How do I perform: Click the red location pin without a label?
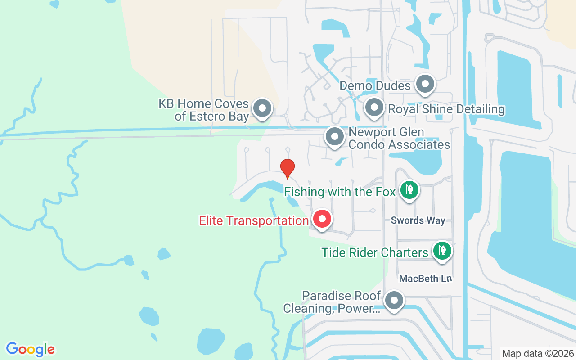point(287,168)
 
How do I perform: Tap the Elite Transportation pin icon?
point(322,219)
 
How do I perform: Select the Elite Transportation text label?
point(254,221)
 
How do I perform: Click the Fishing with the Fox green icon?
point(409,190)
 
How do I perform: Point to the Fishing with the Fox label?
point(340,192)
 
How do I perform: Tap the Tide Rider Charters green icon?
point(442,251)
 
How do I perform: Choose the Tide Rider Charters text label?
point(375,252)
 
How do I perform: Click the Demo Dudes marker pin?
point(425,84)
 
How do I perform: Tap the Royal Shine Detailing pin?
point(373,108)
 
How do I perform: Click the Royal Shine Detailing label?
point(446,109)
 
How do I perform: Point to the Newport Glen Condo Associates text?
point(399,139)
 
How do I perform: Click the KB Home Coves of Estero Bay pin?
point(262,108)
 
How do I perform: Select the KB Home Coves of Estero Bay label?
point(204,110)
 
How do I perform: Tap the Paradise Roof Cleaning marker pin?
point(395,300)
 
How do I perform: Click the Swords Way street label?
point(418,220)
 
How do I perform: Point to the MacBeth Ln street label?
point(425,279)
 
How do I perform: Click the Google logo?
point(31,349)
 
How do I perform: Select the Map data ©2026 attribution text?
point(538,354)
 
